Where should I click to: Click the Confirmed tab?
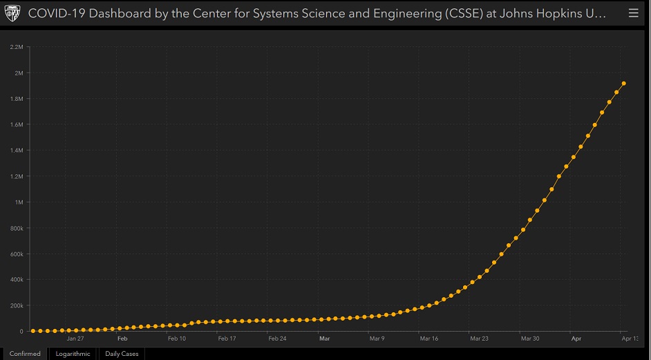pos(25,354)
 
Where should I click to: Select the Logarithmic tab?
pos(73,354)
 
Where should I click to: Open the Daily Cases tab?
pos(122,354)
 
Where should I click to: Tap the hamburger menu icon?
pos(634,13)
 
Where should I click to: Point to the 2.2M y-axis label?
pos(17,47)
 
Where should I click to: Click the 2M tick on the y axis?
pos(19,73)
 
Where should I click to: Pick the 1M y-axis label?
pos(19,202)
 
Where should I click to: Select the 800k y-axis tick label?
pos(17,228)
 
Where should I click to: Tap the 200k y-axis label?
pos(17,305)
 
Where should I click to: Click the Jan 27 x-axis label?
pos(75,339)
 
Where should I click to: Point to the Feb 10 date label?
pos(176,339)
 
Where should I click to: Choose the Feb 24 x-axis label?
pos(277,339)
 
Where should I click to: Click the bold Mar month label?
pos(324,339)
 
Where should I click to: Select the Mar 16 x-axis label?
pos(428,339)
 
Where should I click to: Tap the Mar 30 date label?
pos(529,339)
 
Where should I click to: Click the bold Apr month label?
pos(576,339)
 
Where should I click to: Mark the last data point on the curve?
pos(623,84)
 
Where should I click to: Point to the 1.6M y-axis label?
pos(17,124)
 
